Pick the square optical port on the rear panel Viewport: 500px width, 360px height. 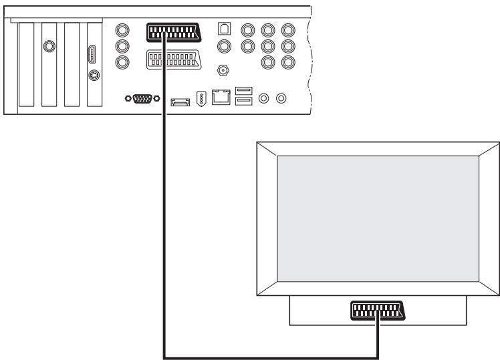[x=225, y=30]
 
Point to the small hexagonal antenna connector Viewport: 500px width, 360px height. [x=225, y=70]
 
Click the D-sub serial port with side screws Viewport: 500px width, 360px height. [x=142, y=99]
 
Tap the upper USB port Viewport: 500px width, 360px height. [x=243, y=91]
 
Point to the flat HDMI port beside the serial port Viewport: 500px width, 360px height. [x=178, y=101]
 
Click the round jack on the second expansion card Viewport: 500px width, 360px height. [x=49, y=47]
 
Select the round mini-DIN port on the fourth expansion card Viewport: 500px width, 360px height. [x=93, y=75]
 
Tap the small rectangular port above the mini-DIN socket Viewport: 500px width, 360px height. [x=93, y=55]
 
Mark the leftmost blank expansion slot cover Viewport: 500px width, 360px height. [x=26, y=63]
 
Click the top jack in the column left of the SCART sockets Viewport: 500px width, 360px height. [x=122, y=31]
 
